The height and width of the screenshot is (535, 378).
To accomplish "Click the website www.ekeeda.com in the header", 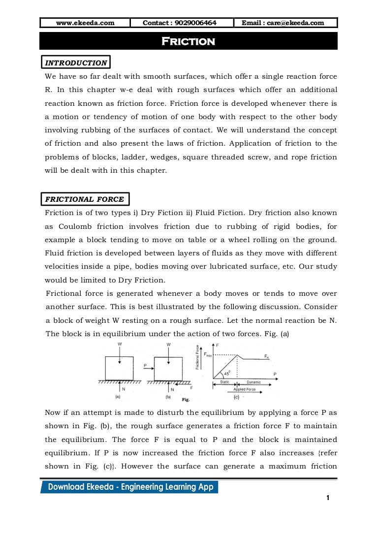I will click(85, 23).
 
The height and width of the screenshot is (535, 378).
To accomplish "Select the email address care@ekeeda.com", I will click(286, 23).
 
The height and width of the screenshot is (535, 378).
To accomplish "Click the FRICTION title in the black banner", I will click(189, 41).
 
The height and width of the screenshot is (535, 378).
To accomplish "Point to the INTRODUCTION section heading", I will click(76, 63).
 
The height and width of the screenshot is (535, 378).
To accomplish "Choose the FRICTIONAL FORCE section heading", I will click(85, 199).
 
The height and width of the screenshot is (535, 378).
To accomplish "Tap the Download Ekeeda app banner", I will click(130, 487).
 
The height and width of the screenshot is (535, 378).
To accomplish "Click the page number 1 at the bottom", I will click(327, 498).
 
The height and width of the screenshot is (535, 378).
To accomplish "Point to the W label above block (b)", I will click(168, 344).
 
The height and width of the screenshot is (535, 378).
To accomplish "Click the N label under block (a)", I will click(123, 388).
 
